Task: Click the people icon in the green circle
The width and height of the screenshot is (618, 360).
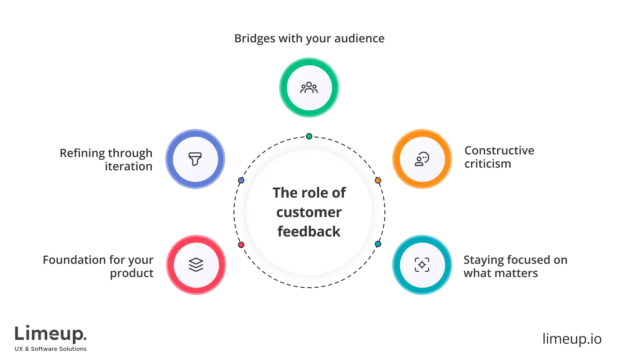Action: tap(309, 87)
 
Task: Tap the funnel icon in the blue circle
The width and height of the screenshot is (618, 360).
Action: tap(195, 159)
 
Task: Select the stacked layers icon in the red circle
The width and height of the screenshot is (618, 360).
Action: tap(196, 265)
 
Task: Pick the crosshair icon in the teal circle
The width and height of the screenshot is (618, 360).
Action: tap(422, 265)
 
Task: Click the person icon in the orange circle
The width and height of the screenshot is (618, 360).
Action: tap(422, 159)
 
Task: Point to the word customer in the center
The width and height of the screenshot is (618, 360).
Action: tap(309, 212)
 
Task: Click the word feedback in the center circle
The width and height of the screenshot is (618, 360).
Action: tap(309, 232)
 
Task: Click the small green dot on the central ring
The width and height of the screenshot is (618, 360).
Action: tap(309, 136)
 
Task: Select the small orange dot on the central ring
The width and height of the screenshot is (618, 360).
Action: tap(378, 180)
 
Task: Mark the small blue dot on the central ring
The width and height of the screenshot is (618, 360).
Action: tap(241, 180)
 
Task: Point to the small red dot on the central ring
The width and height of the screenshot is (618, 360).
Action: tap(241, 244)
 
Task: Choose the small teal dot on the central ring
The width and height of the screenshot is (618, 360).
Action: tap(378, 244)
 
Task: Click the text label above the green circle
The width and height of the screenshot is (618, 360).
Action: tap(309, 39)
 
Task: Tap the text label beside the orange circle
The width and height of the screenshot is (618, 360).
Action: tap(499, 157)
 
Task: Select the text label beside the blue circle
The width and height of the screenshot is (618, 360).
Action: tap(106, 160)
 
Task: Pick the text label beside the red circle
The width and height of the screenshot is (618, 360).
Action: tap(99, 266)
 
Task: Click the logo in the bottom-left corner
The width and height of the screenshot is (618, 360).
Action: tap(51, 338)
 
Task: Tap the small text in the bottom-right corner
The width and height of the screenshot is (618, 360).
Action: tap(572, 339)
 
